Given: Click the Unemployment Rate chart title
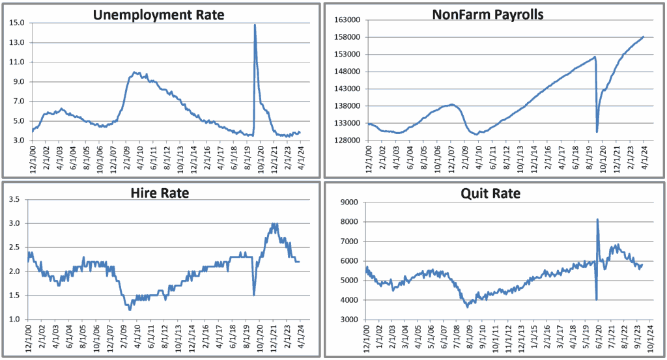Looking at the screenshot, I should click(159, 14).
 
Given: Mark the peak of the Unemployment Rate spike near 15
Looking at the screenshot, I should click(254, 25).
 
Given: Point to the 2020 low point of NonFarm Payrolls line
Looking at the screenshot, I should click(597, 132).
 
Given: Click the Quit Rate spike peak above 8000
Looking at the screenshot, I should click(597, 219).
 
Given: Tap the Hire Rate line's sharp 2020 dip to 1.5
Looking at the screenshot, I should click(254, 295).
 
